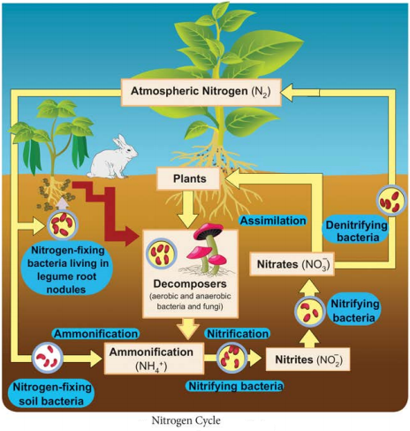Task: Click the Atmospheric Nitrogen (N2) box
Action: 201,92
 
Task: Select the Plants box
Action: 188,178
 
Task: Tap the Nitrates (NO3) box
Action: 292,264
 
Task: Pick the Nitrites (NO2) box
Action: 308,359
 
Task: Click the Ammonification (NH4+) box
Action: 154,359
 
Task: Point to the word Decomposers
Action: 190,284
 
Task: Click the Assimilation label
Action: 273,221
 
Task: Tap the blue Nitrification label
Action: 238,334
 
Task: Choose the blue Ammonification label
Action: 95,334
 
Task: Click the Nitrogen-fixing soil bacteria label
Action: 51,394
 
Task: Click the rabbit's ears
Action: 119,141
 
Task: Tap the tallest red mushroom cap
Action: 209,230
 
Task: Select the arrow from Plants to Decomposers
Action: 188,209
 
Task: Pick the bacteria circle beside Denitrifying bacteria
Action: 391,200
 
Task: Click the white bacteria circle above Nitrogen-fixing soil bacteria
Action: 47,358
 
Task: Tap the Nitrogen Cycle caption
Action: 186,420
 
